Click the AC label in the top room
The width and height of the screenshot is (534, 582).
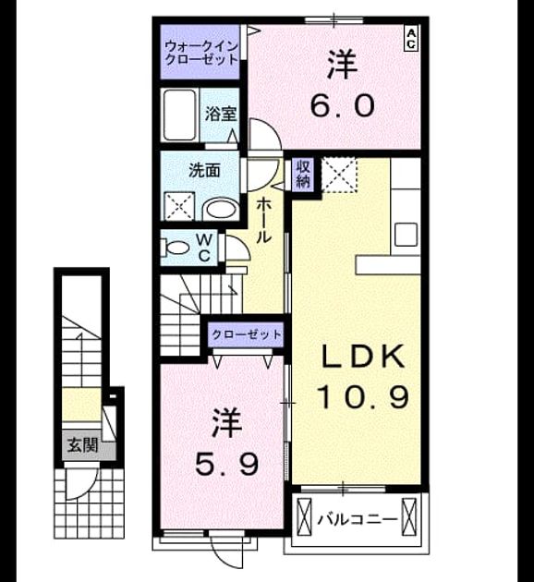411,39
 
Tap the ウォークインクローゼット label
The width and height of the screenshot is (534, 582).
200,54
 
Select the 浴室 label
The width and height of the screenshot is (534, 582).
221,115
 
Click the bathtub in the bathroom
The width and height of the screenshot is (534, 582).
179,115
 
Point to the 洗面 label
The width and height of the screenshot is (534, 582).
204,170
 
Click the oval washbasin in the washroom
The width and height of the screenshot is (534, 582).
221,210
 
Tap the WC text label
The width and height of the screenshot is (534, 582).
204,248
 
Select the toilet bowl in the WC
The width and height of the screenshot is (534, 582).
176,248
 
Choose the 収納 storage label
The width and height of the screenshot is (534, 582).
303,175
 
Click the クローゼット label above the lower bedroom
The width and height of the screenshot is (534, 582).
246,334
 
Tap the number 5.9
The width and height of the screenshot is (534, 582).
226,464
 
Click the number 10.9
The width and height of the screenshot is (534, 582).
363,396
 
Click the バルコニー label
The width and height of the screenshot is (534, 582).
357,519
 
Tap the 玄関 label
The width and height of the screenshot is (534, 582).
83,444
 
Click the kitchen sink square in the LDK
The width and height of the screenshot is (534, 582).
406,235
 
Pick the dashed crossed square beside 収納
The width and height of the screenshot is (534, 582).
339,175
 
